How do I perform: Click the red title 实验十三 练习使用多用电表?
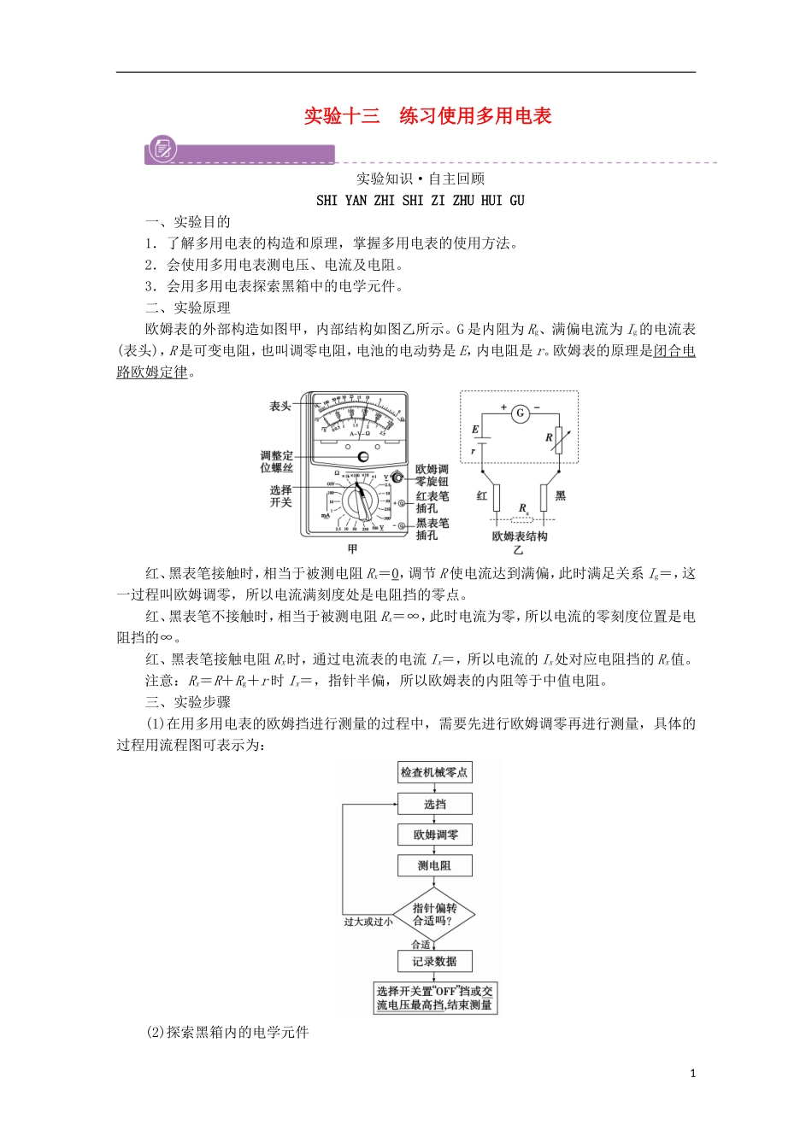pyautogui.click(x=427, y=116)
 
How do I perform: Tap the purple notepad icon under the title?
pyautogui.click(x=161, y=149)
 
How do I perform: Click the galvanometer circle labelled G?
pyautogui.click(x=520, y=413)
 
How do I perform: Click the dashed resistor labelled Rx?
pyautogui.click(x=522, y=518)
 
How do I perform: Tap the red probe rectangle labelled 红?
pyautogui.click(x=496, y=496)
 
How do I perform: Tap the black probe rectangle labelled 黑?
pyautogui.click(x=544, y=496)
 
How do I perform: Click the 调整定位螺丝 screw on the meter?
pyautogui.click(x=363, y=456)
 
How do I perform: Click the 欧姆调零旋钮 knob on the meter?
pyautogui.click(x=397, y=478)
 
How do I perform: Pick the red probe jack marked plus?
pyautogui.click(x=402, y=503)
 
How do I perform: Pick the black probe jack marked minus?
pyautogui.click(x=402, y=526)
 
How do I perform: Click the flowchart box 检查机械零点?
pyautogui.click(x=434, y=772)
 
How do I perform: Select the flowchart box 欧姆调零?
pyautogui.click(x=434, y=835)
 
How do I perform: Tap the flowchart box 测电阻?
pyautogui.click(x=434, y=865)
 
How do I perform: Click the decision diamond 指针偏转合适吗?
pyautogui.click(x=434, y=914)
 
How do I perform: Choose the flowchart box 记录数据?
pyautogui.click(x=434, y=961)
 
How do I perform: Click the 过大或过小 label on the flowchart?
pyautogui.click(x=368, y=922)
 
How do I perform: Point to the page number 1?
pyautogui.click(x=693, y=1073)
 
